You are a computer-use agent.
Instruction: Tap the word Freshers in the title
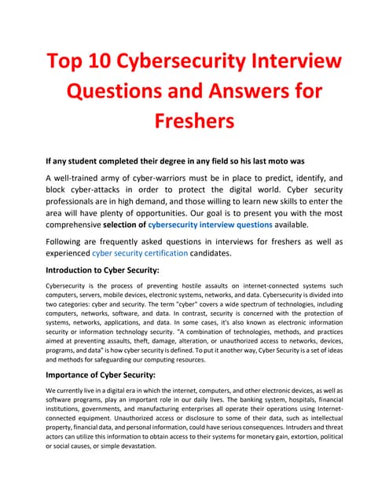[x=194, y=123]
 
